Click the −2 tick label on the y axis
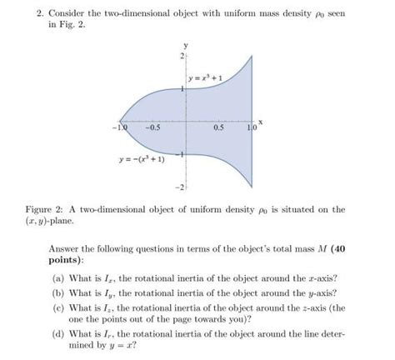[x=178, y=185]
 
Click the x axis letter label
[x=260, y=122]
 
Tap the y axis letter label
[x=186, y=44]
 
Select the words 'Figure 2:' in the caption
[x=69, y=209]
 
